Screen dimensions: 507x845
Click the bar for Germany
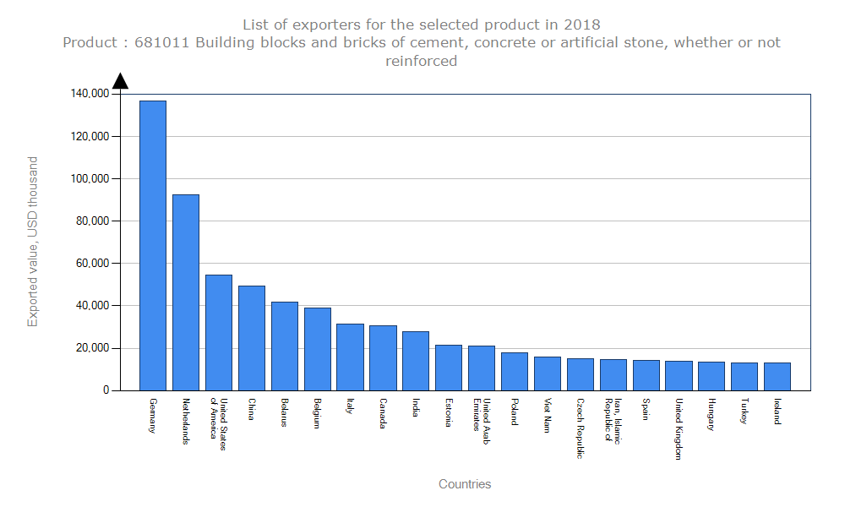(x=153, y=245)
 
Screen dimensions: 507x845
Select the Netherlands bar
(x=186, y=292)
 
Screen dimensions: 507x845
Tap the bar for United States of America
(x=219, y=332)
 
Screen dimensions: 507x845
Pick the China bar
(x=252, y=338)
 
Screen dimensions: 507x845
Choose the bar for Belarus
(x=285, y=346)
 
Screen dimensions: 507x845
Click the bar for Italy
(x=351, y=357)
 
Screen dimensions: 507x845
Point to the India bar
(x=416, y=361)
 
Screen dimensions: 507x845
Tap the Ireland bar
(x=777, y=377)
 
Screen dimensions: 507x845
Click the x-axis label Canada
(x=383, y=413)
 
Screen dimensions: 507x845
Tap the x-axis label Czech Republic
(x=581, y=428)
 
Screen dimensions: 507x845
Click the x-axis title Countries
(x=465, y=484)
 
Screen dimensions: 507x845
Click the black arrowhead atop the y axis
(x=120, y=80)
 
